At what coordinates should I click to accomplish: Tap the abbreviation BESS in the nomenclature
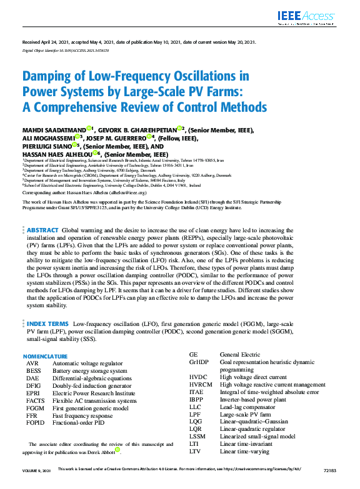tap(33, 370)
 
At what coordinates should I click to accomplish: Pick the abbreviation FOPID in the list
tap(35, 423)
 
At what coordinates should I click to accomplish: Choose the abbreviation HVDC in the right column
tap(198, 377)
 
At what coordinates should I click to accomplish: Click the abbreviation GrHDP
tap(199, 362)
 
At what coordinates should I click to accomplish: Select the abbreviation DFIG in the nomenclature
tap(33, 385)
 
